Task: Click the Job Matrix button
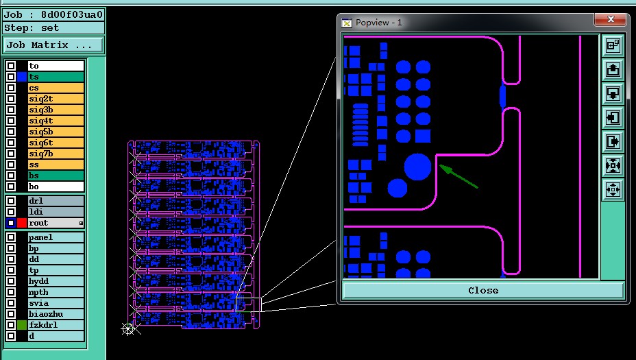pyautogui.click(x=53, y=45)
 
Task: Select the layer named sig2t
pyautogui.click(x=56, y=99)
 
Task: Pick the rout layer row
pyautogui.click(x=56, y=223)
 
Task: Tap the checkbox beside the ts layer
pyautogui.click(x=11, y=77)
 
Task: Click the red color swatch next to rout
pyautogui.click(x=22, y=223)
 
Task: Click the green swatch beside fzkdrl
pyautogui.click(x=22, y=325)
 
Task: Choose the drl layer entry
pyautogui.click(x=56, y=201)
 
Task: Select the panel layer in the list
pyautogui.click(x=56, y=237)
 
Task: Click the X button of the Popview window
pyautogui.click(x=611, y=19)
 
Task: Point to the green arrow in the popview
pyautogui.click(x=458, y=176)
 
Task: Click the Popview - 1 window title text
pyautogui.click(x=378, y=23)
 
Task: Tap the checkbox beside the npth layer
pyautogui.click(x=11, y=292)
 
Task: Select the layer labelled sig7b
pyautogui.click(x=56, y=154)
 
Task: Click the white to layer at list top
pyautogui.click(x=56, y=66)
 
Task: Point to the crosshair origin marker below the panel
pyautogui.click(x=128, y=328)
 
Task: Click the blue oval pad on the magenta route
pyautogui.click(x=503, y=96)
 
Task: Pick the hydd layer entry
pyautogui.click(x=56, y=281)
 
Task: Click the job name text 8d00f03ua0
pyautogui.click(x=72, y=15)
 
